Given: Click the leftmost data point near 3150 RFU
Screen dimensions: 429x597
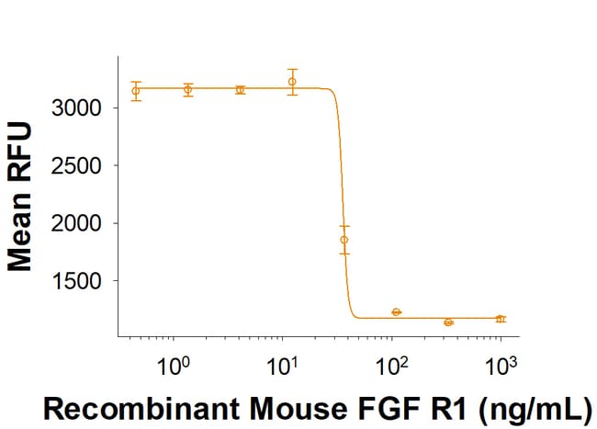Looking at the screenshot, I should tap(136, 91).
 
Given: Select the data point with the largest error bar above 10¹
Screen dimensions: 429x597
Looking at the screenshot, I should tap(292, 82).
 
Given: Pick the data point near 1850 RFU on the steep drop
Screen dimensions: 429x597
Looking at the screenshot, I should tap(344, 240).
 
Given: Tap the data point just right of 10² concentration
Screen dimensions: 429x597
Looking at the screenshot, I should tap(396, 312).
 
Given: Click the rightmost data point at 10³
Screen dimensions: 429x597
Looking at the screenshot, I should tap(501, 319).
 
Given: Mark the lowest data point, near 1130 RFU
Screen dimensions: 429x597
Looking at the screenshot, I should tap(448, 322).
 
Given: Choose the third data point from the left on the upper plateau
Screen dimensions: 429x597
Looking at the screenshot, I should tap(241, 90).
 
